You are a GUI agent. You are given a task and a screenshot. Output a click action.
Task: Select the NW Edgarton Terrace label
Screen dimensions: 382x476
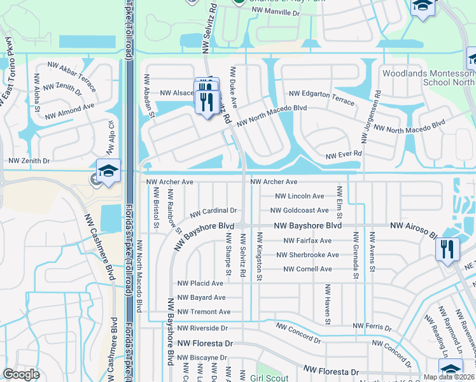point(321,94)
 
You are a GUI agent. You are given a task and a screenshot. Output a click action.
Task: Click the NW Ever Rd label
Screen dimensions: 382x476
point(344,154)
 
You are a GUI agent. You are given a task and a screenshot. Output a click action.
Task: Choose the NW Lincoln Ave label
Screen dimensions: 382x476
point(301,196)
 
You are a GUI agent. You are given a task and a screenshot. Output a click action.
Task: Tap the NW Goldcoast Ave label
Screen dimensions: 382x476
point(299,210)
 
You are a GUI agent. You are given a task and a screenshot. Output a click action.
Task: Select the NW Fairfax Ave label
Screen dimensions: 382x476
point(308,241)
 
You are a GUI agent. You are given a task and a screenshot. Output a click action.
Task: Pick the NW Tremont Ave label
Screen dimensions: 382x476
point(204,311)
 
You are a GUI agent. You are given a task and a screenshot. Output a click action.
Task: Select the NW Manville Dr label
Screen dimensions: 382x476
point(275,11)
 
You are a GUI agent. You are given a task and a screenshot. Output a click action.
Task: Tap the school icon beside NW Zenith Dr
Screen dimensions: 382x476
point(109,172)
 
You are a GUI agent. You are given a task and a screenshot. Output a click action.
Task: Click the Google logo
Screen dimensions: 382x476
point(21,374)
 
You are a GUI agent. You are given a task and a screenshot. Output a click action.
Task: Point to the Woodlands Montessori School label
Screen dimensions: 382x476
point(428,78)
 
